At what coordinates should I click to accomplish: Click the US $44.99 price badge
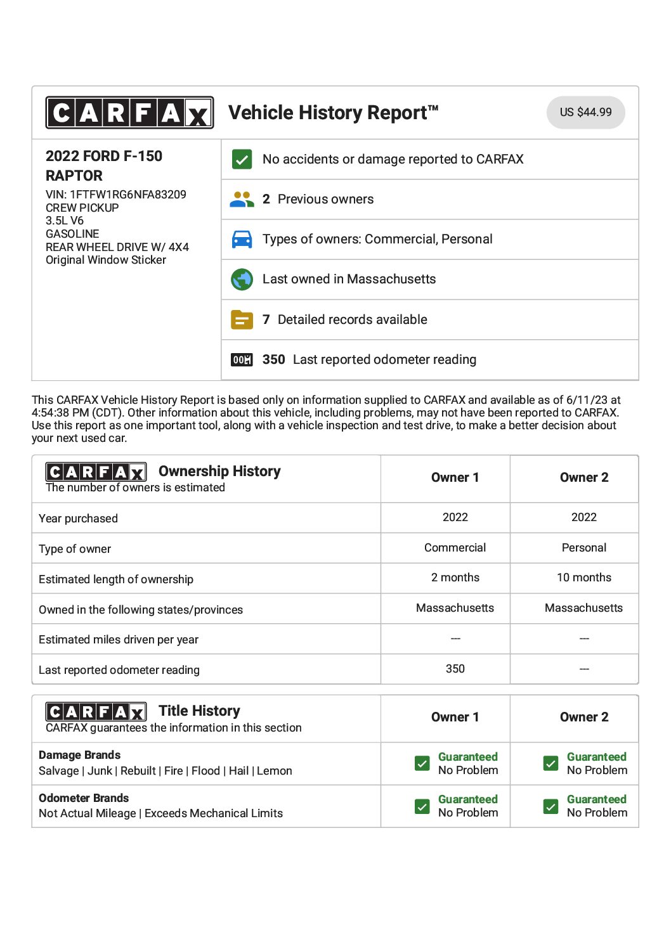pos(585,112)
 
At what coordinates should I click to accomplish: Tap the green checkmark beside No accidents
pos(242,159)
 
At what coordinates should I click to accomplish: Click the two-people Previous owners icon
pos(242,199)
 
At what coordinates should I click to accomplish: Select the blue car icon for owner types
pos(242,239)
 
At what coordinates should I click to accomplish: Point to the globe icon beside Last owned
pos(242,279)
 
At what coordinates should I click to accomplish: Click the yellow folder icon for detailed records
pos(242,320)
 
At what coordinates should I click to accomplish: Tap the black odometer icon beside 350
pos(242,359)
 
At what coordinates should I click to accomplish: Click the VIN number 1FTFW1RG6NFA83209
pos(127,195)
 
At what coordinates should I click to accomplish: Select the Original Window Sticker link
pos(106,260)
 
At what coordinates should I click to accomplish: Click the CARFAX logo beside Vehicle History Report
pos(129,113)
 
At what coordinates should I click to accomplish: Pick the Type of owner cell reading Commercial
pos(455,548)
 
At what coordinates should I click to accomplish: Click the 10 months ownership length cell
pos(583,578)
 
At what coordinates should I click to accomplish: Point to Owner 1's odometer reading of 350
pos(455,669)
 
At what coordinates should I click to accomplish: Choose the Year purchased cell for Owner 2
pos(583,517)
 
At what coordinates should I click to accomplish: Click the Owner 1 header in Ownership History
pos(455,477)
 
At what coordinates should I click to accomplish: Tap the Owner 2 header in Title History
pos(583,717)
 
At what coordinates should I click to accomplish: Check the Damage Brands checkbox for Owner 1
pos(422,763)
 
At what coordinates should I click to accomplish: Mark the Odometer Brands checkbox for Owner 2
pos(550,806)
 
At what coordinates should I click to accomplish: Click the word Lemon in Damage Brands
pos(275,771)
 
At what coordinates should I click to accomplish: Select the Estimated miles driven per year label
pos(119,640)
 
